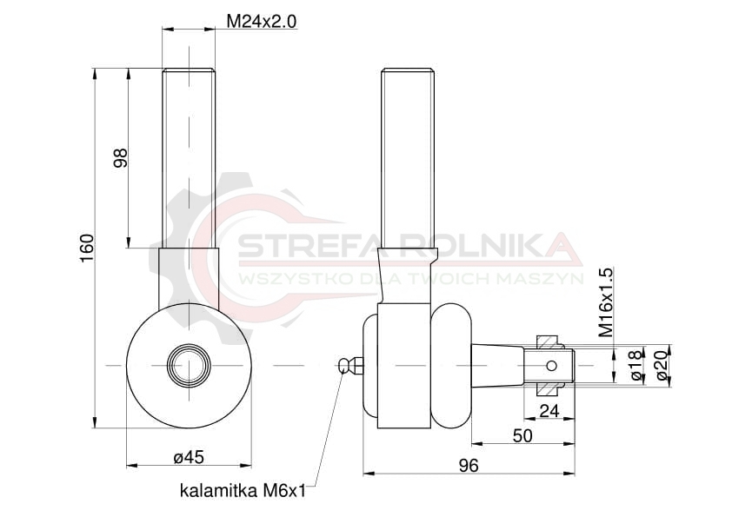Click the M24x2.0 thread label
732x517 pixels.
[262, 22]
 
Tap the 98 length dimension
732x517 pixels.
[121, 158]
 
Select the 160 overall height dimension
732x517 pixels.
[87, 249]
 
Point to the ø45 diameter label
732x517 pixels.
[189, 457]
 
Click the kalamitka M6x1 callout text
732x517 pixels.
[243, 491]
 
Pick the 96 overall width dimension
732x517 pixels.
[469, 465]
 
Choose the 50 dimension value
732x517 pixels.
[522, 436]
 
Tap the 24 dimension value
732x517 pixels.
[549, 411]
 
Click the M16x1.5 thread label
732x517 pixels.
[606, 302]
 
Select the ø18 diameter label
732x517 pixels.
[636, 365]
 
